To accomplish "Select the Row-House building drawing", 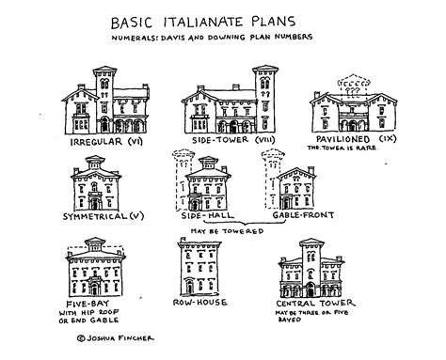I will [201, 268].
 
